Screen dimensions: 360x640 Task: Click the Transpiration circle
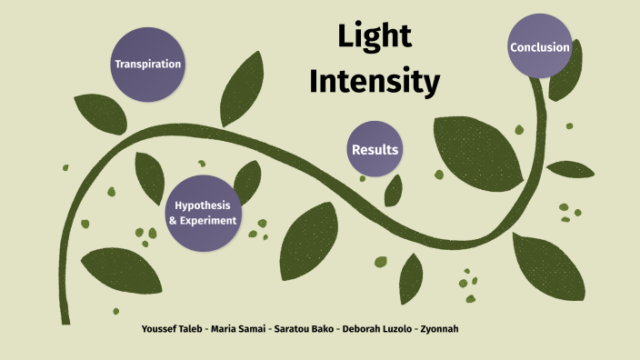(x=147, y=65)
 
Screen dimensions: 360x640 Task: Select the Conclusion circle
(x=540, y=47)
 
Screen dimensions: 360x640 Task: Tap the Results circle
(x=375, y=149)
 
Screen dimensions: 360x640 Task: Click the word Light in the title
(x=375, y=36)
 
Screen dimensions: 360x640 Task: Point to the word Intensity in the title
(x=375, y=82)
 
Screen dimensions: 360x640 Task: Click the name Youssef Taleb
(x=174, y=327)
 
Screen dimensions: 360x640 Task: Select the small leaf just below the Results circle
(x=393, y=189)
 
